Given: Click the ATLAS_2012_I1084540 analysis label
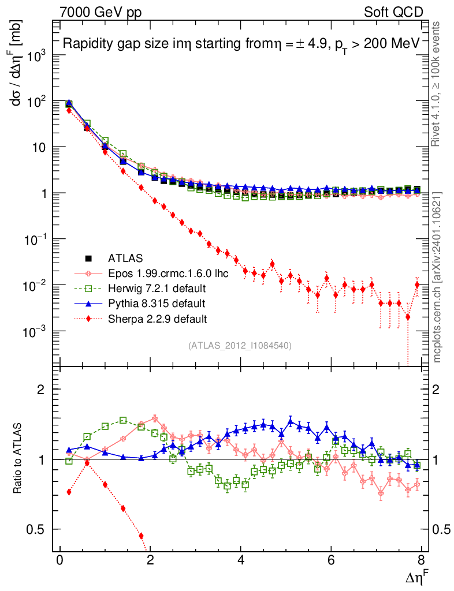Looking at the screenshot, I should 240,346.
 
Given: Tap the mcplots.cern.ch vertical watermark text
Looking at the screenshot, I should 437,277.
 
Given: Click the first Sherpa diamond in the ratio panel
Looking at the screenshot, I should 69,492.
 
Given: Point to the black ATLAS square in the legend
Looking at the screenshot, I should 88,258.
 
